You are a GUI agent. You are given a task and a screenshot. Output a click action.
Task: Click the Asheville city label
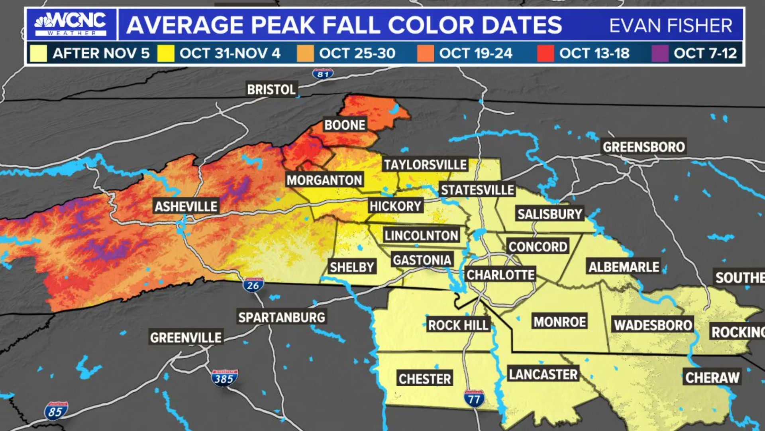coord(186,206)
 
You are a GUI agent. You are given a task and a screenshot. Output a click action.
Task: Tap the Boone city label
coord(345,125)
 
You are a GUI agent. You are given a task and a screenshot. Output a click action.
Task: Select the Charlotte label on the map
coord(500,275)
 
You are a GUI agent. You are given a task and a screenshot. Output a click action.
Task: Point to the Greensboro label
coord(643,147)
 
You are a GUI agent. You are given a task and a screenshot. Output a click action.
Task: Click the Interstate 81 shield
coord(323,74)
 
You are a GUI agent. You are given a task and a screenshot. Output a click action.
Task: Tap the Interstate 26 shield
coord(253,285)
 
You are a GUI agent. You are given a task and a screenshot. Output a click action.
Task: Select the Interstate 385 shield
coord(224,378)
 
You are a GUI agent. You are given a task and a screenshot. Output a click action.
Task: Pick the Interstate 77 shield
coord(474,398)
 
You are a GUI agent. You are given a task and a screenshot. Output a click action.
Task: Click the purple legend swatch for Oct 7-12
coord(660,53)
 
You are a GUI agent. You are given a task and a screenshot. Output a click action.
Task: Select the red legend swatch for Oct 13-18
coord(545,53)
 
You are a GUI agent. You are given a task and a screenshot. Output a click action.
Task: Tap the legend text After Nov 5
coord(101,53)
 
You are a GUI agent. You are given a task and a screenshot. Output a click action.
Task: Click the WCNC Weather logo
coord(71,24)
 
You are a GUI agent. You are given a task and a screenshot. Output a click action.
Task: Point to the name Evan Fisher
coord(671,26)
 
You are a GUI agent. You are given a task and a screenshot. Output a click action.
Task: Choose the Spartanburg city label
coord(282,317)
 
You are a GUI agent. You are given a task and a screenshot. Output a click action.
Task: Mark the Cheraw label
coord(712,377)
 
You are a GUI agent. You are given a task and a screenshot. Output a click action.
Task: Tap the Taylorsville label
coord(425,164)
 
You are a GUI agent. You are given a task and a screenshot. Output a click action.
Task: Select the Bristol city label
coord(271,89)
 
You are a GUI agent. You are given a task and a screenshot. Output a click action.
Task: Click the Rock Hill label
coord(458,325)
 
